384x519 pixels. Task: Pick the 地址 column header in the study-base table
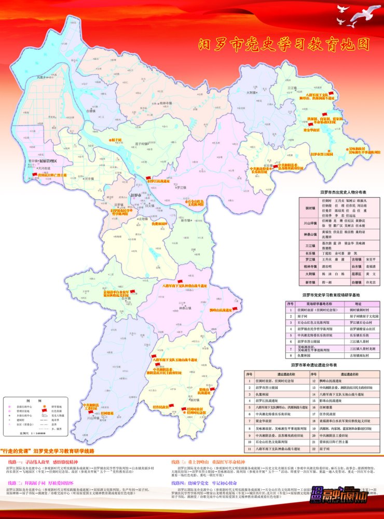(358, 304)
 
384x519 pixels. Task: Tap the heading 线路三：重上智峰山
(197, 461)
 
